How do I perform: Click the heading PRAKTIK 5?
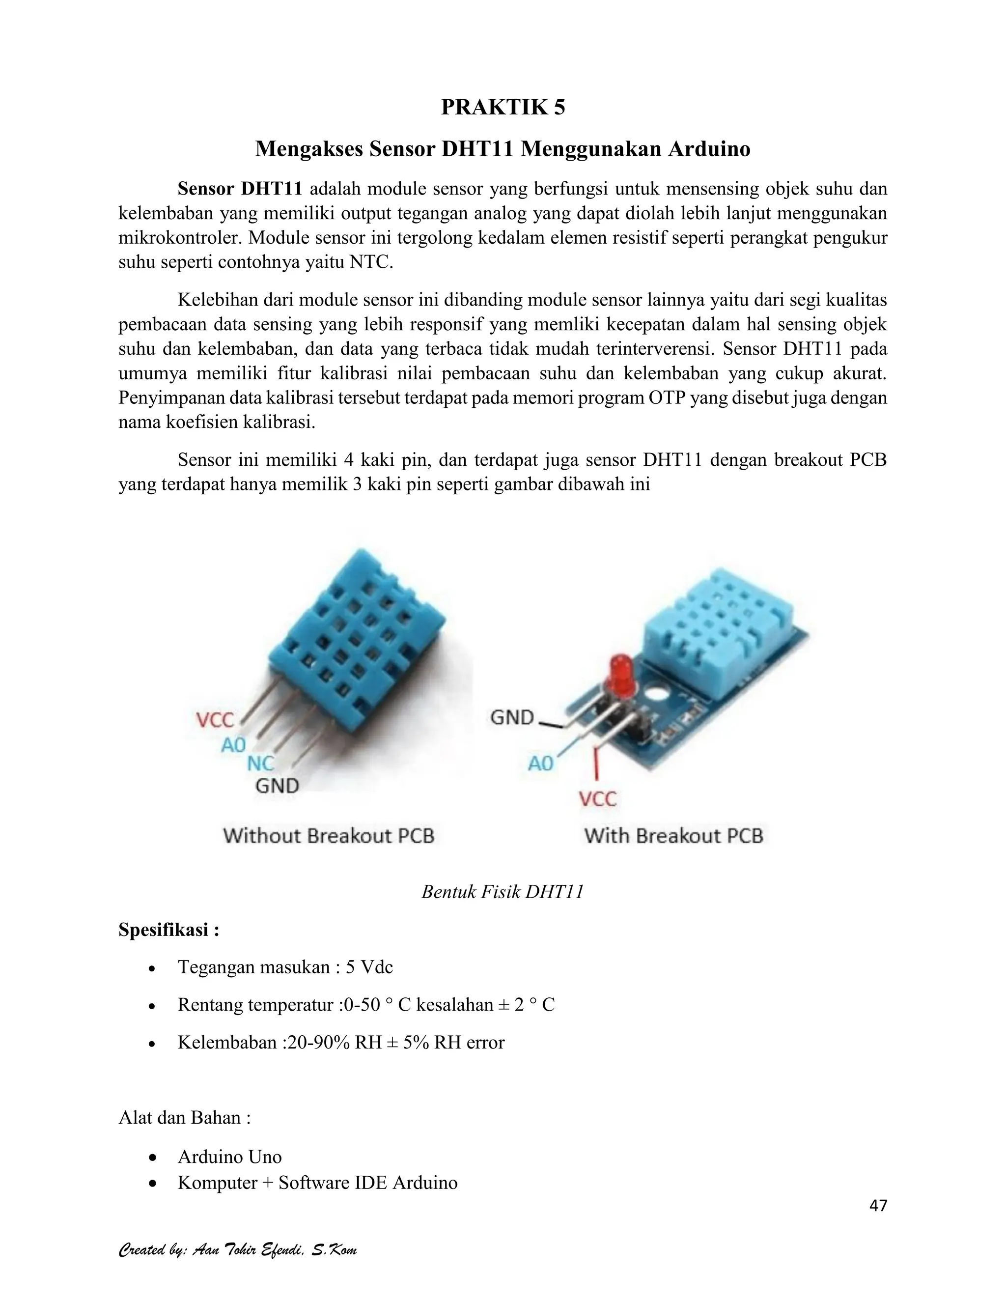pos(503,107)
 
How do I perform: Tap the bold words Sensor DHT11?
pos(240,189)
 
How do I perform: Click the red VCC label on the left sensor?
pos(215,720)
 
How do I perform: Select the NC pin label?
pos(260,764)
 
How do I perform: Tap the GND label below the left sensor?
pos(277,786)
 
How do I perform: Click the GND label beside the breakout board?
pos(512,717)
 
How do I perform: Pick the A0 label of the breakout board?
pos(540,764)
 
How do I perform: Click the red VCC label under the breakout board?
pos(598,799)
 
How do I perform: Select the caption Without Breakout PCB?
pos(329,836)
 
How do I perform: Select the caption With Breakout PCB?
pos(673,836)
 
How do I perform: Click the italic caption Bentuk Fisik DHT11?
pos(503,892)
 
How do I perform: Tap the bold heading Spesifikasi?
pos(168,930)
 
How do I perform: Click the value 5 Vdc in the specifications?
pos(369,967)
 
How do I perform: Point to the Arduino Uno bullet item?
pos(229,1157)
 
